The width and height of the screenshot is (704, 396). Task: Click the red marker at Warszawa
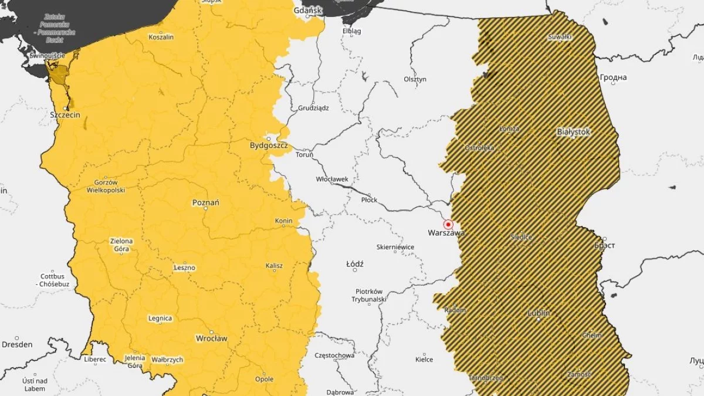448,225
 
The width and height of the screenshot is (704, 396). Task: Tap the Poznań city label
206,202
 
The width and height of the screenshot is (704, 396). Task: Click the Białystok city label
573,132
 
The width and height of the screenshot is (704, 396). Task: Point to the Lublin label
539,313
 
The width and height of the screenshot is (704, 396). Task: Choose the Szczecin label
65,115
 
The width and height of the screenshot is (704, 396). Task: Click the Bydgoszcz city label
269,145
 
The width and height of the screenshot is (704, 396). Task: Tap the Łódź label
355,265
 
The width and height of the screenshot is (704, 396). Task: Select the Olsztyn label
415,79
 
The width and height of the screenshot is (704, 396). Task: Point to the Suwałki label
559,36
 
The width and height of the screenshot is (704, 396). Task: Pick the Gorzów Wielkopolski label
106,186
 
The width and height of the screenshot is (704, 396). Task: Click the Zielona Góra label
121,245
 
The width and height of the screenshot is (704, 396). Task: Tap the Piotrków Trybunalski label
368,295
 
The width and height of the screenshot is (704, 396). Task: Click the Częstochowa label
334,356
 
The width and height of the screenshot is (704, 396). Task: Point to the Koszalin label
161,36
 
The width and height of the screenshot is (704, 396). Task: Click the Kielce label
424,359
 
